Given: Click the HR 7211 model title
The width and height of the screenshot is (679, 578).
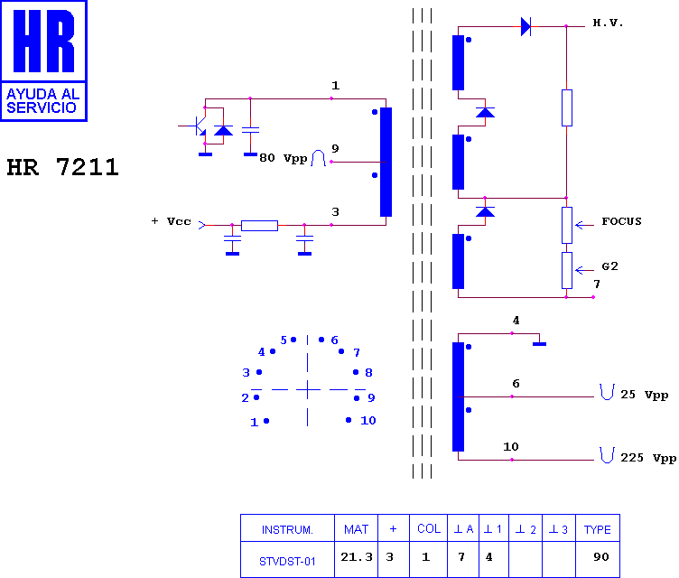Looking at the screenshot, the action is point(63,167).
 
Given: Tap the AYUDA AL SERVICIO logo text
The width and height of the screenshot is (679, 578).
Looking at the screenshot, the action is point(42,101).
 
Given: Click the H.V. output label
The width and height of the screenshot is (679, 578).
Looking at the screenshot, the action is point(608,23).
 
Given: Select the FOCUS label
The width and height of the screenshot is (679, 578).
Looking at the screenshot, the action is point(621,221).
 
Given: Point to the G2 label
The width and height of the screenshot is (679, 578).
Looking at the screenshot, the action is point(609,266).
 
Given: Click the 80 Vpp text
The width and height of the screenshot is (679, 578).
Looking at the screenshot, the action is point(284,158).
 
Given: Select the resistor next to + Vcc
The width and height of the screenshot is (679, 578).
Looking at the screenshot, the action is point(259,225).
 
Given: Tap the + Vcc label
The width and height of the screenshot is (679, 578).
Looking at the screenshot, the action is point(171,221).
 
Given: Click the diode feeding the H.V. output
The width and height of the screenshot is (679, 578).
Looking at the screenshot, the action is point(526,27).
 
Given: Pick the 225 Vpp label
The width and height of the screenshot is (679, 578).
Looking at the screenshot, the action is point(648,458).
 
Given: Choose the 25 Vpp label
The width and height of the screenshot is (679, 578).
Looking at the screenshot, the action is point(645,395).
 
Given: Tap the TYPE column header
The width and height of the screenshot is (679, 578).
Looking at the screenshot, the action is point(598,529).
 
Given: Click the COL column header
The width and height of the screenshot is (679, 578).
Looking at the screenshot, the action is point(429,528).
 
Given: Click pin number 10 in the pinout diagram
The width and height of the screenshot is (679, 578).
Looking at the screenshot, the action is point(368,420).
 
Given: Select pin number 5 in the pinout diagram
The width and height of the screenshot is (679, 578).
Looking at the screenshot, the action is point(284,340).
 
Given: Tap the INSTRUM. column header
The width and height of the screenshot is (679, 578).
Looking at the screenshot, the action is point(287,529).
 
